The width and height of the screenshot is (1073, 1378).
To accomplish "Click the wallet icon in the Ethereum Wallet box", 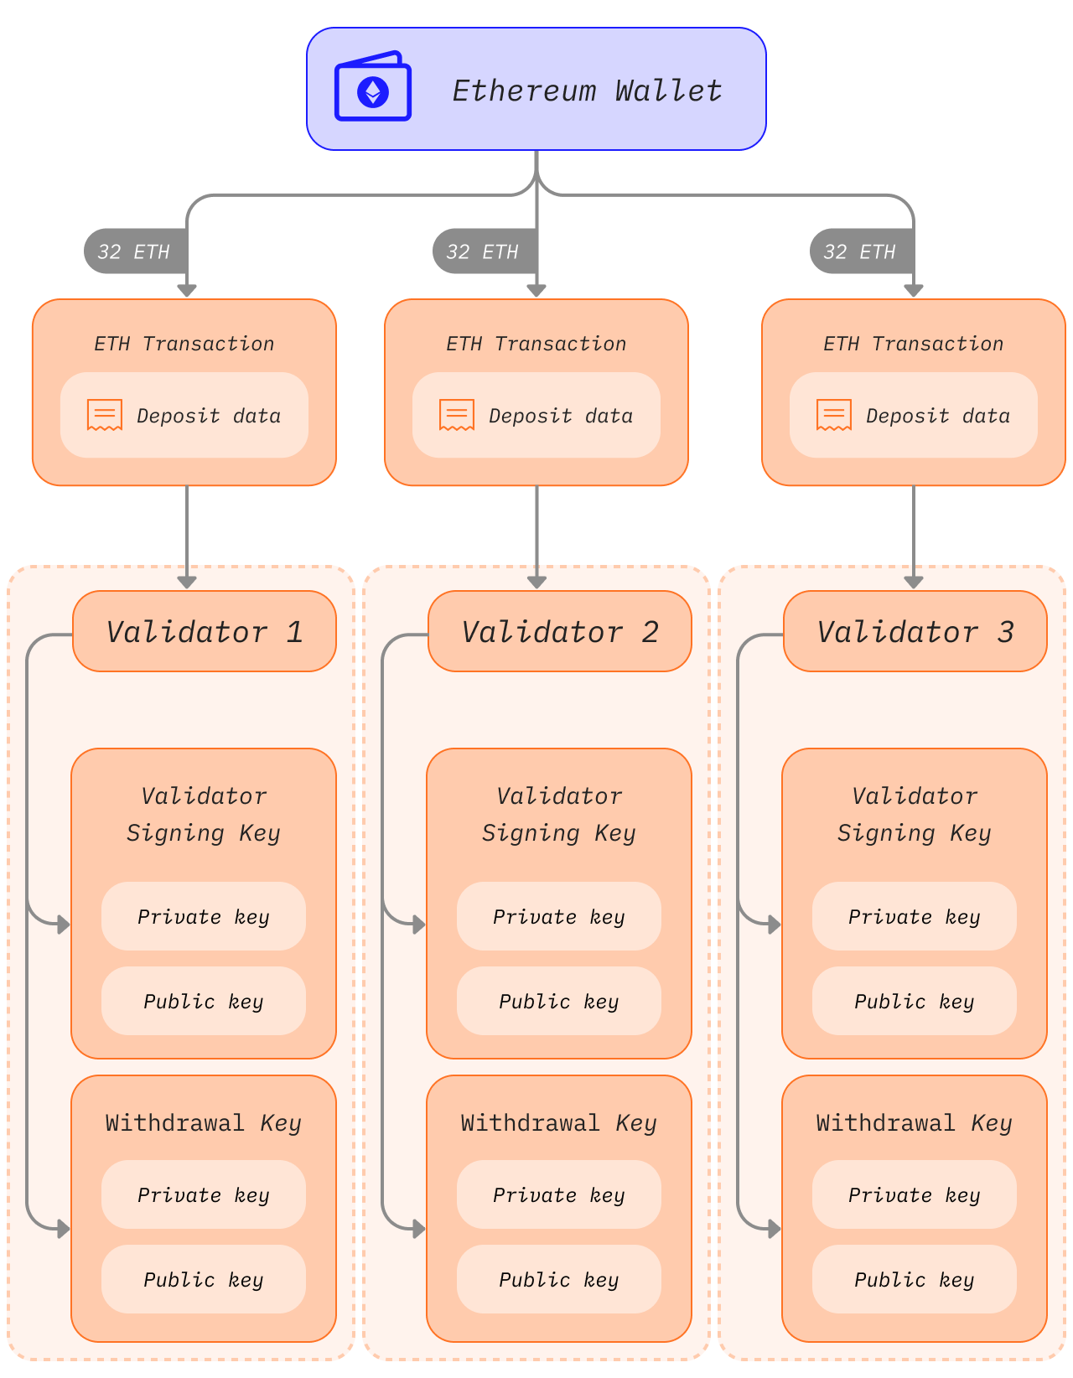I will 373,88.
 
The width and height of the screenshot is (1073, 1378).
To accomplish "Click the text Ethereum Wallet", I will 587,91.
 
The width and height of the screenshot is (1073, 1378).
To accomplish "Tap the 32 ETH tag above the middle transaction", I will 483,251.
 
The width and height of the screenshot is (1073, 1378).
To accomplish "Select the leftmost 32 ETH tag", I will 134,251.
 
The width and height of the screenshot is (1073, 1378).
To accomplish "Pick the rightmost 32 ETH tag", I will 860,251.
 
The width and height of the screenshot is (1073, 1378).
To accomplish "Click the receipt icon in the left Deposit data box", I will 105,415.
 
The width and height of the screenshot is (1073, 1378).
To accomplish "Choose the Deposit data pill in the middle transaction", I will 536,415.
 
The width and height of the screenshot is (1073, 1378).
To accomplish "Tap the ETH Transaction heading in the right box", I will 913,344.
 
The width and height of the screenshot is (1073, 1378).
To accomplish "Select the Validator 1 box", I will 205,631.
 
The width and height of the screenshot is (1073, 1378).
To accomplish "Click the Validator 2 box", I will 560,631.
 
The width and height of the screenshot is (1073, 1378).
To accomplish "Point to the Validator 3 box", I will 915,631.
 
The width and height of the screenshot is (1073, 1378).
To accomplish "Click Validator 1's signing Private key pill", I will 204,916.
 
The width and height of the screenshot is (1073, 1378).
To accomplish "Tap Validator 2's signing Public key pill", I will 559,1001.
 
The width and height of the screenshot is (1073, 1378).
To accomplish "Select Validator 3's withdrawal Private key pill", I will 915,1194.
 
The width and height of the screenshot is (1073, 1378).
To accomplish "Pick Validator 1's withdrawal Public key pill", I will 204,1279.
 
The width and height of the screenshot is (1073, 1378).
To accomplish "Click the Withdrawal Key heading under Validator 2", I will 559,1123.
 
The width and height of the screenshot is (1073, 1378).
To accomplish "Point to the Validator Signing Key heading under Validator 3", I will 915,814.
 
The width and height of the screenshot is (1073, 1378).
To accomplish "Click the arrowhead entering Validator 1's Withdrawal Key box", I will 63,1230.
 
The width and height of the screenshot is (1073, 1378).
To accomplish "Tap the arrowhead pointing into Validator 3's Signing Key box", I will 774,925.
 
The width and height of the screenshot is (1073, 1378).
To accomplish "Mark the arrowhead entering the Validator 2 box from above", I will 536,582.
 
